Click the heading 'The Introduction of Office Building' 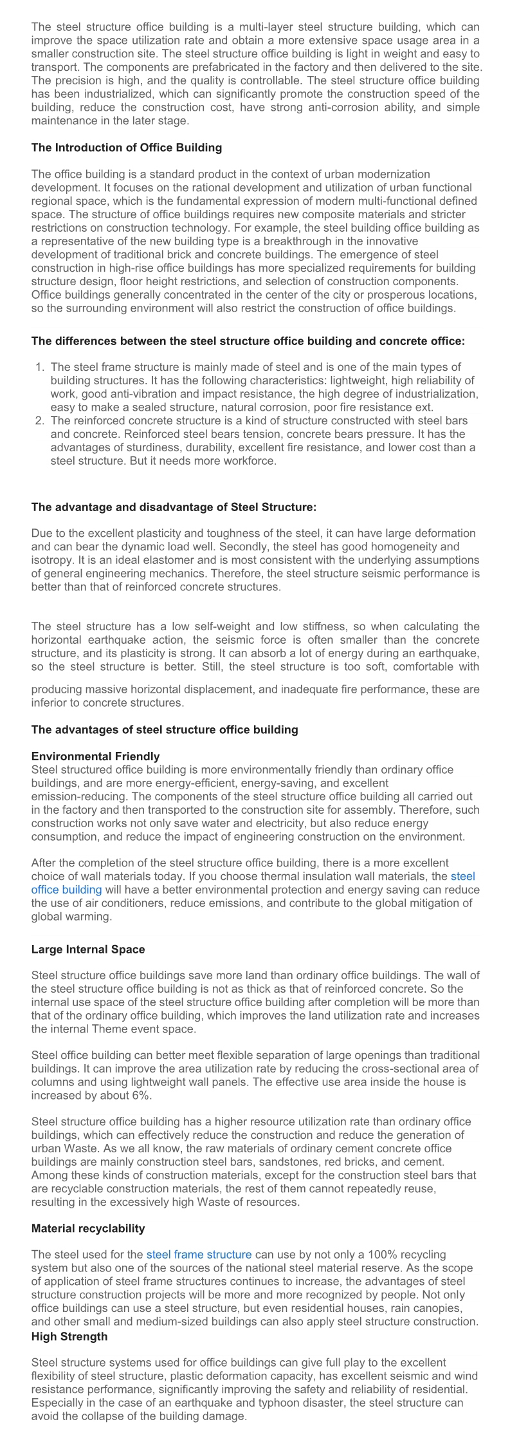coord(127,147)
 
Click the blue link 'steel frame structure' coord(199,1254)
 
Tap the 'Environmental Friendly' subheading coord(95,756)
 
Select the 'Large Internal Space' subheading coord(88,949)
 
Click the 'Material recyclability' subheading coord(88,1228)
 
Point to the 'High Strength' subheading coord(69,1336)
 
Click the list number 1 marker coord(39,367)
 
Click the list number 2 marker coord(39,420)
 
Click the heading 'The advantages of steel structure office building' coord(165,729)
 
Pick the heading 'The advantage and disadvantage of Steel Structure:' coord(174,507)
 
